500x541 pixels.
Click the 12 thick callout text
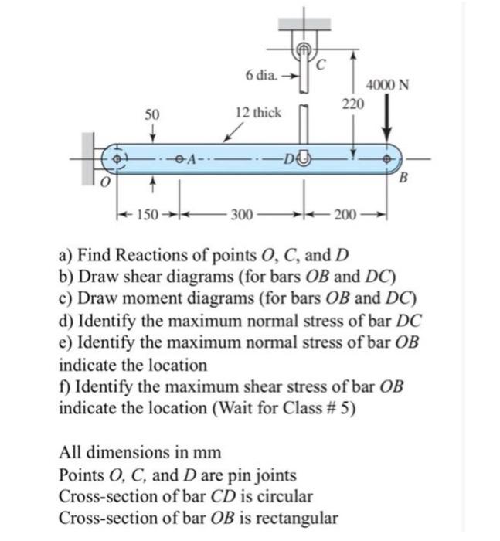[x=259, y=113]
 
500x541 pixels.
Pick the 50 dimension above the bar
[x=153, y=114]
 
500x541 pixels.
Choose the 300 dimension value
[x=240, y=213]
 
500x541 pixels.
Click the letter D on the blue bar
[x=288, y=159]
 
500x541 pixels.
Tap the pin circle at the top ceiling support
[x=304, y=49]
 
